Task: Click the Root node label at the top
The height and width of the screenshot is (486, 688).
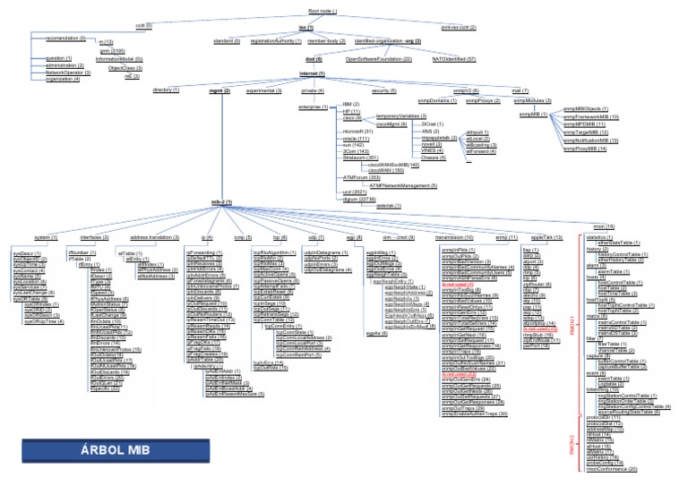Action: (309, 11)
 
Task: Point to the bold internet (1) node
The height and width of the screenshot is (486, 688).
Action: (312, 73)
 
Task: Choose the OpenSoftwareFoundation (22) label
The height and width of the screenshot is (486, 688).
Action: (379, 58)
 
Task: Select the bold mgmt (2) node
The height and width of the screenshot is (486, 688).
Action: (219, 90)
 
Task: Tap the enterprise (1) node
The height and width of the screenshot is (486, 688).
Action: (314, 107)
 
